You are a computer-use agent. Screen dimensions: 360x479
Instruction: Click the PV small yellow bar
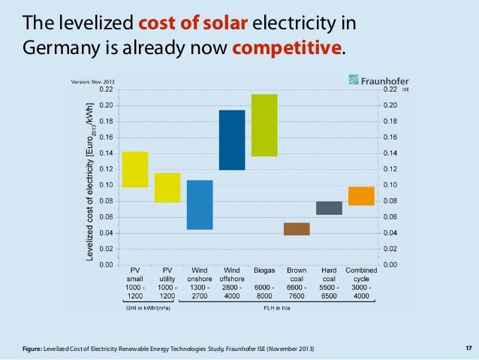coord(134,169)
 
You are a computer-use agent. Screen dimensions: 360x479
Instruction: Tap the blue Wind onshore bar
coord(200,204)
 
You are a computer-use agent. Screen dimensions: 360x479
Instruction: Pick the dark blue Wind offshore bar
coord(232,140)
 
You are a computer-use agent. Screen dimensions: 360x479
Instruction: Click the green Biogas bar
coord(264,125)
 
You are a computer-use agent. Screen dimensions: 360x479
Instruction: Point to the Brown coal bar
coord(297,229)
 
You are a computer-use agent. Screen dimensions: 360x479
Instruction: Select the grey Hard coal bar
coord(329,208)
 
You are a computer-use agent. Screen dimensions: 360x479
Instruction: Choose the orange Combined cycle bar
coord(361,195)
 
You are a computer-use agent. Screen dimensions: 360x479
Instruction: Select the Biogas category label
coord(264,270)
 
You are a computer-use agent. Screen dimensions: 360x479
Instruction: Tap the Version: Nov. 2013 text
coord(92,82)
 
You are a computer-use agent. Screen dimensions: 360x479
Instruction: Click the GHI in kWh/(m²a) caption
coord(147,307)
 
